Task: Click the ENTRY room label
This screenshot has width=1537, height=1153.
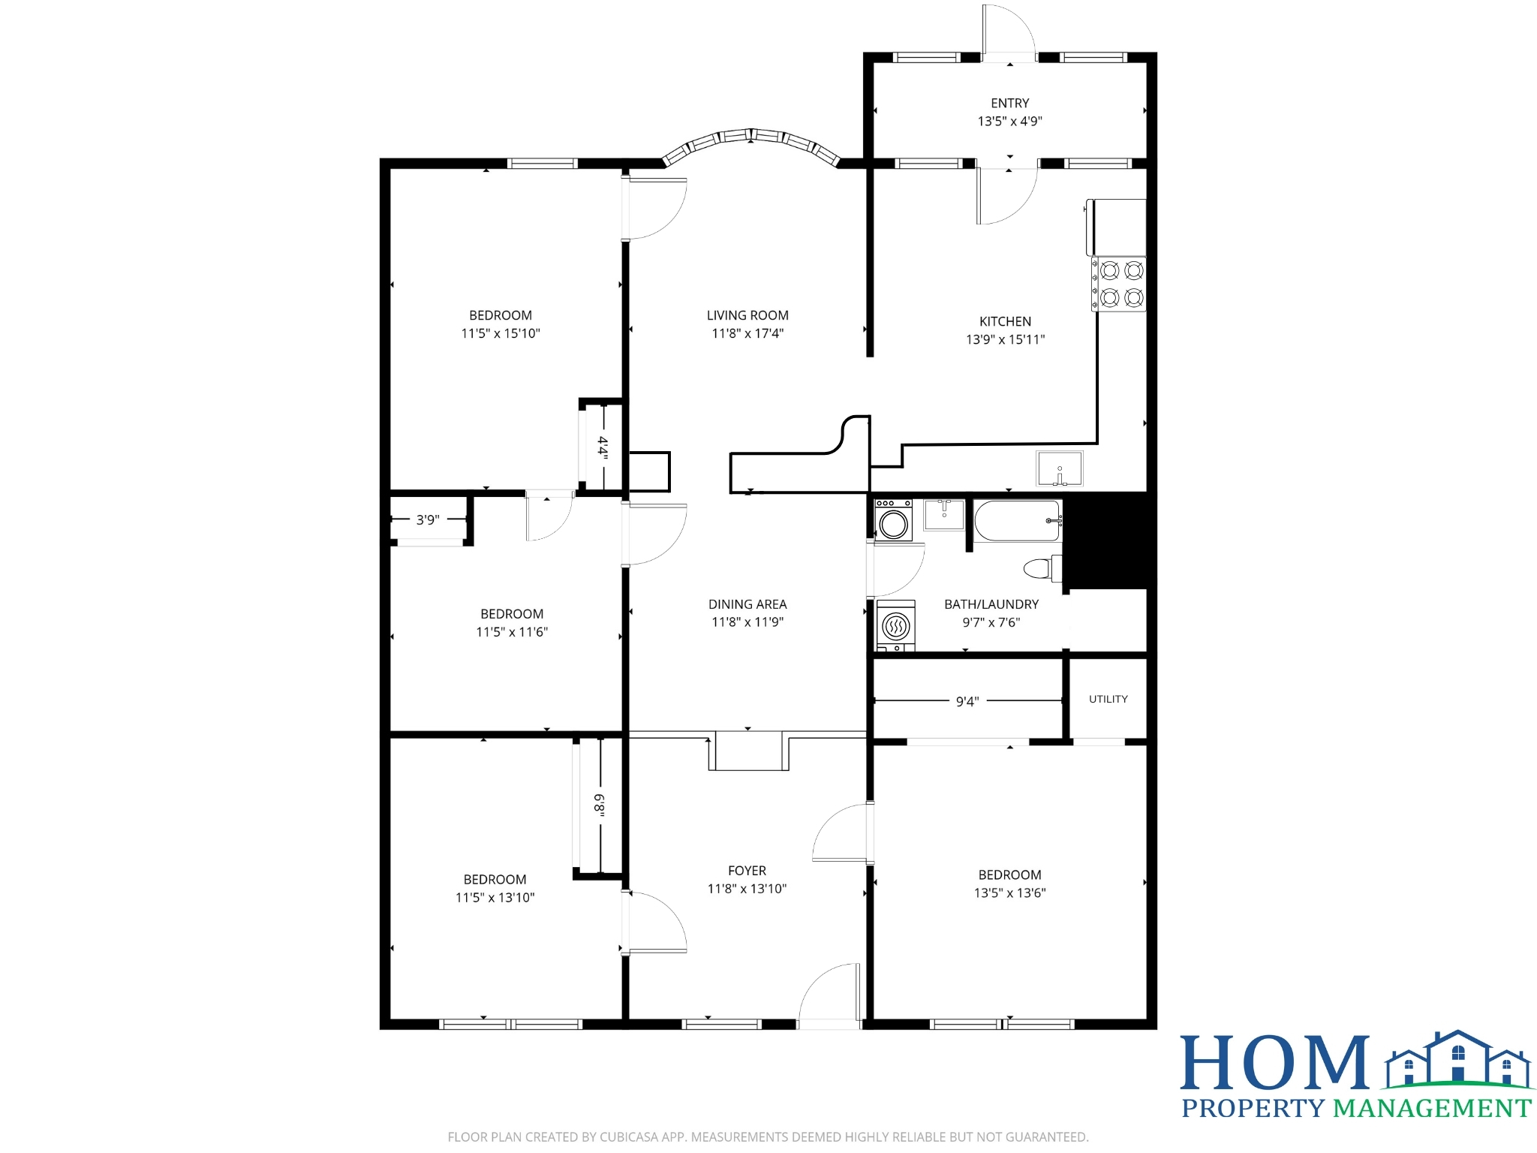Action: pyautogui.click(x=1009, y=103)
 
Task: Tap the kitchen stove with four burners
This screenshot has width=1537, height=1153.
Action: pyautogui.click(x=1118, y=284)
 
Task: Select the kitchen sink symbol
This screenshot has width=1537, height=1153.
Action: pyautogui.click(x=1059, y=468)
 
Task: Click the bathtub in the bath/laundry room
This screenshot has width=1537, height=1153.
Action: pyautogui.click(x=1018, y=520)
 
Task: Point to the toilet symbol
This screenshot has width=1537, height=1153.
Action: pyautogui.click(x=1043, y=568)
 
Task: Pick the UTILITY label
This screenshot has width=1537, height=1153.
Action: pyautogui.click(x=1108, y=699)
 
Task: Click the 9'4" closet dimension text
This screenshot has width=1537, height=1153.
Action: pyautogui.click(x=967, y=701)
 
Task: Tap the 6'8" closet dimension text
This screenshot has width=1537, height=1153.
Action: pyautogui.click(x=599, y=804)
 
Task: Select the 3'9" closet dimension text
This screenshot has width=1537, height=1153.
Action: pyautogui.click(x=428, y=519)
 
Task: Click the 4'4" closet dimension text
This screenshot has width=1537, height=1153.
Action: pyautogui.click(x=603, y=447)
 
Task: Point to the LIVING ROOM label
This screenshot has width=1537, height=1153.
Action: pyautogui.click(x=747, y=315)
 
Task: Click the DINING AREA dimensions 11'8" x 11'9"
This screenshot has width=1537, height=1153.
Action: pyautogui.click(x=747, y=622)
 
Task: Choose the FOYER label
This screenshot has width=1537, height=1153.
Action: pyautogui.click(x=747, y=871)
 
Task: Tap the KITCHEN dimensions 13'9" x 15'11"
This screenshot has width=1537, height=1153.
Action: pyautogui.click(x=1005, y=339)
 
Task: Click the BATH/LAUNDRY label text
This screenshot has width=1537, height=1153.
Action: pyautogui.click(x=991, y=604)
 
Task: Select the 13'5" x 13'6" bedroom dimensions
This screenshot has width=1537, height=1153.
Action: pyautogui.click(x=1009, y=893)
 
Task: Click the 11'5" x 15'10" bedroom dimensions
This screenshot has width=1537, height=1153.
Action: pyautogui.click(x=501, y=333)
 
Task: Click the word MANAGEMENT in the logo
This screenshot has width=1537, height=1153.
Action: pyautogui.click(x=1432, y=1108)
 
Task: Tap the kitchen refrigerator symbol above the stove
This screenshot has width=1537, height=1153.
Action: pyautogui.click(x=1117, y=227)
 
